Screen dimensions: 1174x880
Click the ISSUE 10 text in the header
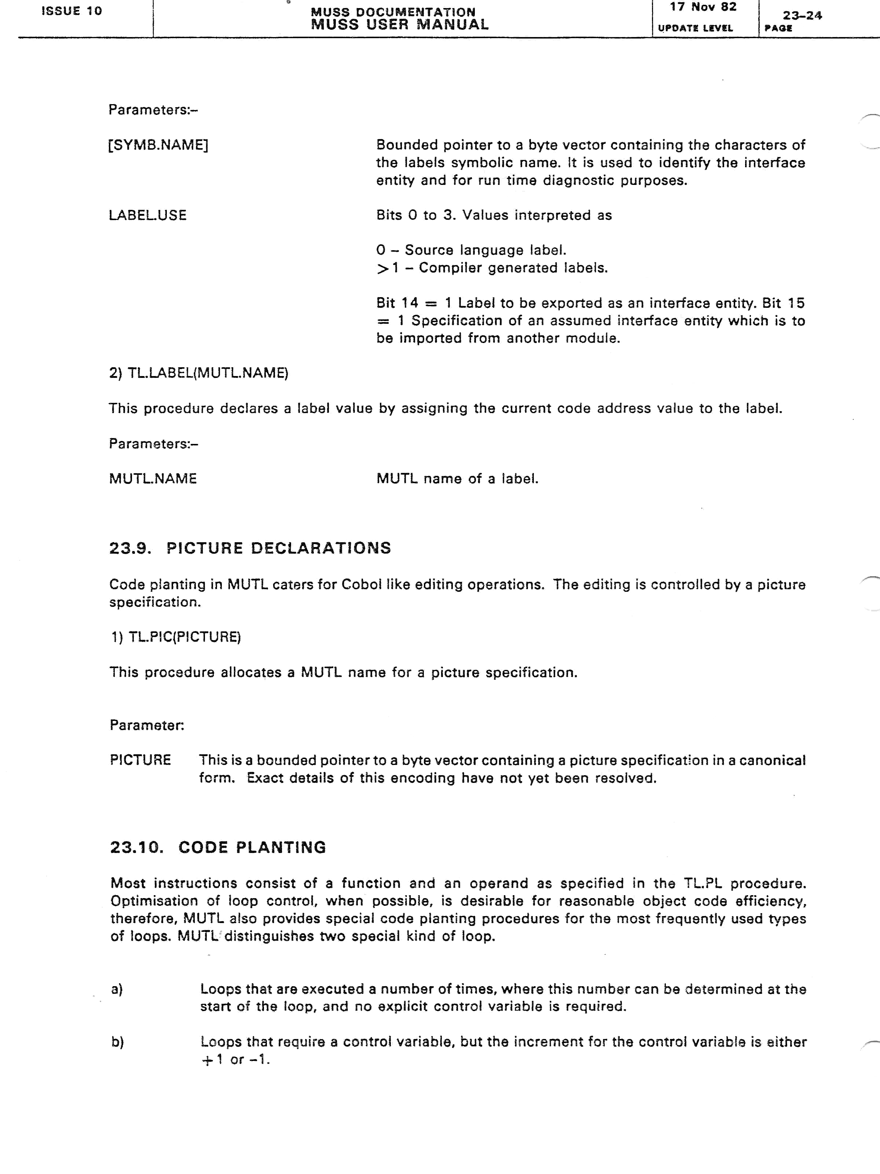click(x=71, y=11)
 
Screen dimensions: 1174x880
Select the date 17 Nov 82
click(x=703, y=7)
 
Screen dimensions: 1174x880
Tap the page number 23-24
click(x=802, y=15)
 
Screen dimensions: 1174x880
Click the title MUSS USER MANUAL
click(x=399, y=25)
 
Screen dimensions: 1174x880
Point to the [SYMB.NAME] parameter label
click(x=158, y=145)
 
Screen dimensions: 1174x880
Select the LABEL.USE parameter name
click(x=147, y=215)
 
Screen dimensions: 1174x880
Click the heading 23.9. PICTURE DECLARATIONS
click(x=250, y=548)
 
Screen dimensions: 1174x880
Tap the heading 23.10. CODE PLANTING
click(x=218, y=847)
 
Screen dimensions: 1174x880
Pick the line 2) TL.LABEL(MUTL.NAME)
click(x=198, y=373)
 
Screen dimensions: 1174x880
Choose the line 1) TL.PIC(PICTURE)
click(x=176, y=637)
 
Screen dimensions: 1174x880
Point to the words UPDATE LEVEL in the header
click(x=695, y=28)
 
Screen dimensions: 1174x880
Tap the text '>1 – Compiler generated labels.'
click(x=492, y=268)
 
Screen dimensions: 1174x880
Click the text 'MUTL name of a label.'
click(x=457, y=479)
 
